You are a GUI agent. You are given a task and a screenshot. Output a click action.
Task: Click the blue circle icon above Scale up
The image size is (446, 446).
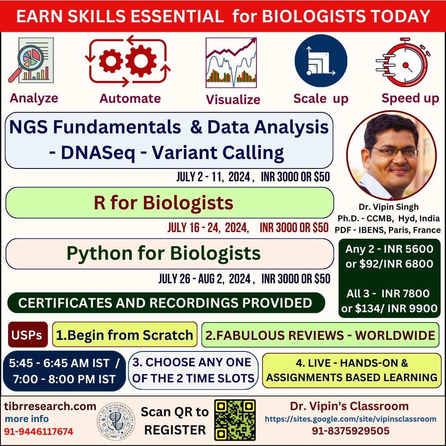coord(320,61)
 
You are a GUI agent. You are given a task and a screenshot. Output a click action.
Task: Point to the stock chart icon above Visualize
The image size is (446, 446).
coord(232,62)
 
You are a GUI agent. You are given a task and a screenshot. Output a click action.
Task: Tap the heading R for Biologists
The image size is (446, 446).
coord(164,203)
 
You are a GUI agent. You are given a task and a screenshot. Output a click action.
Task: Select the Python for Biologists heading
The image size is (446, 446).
coord(164,254)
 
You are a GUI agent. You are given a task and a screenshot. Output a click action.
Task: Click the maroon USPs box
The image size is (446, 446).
coord(28,334)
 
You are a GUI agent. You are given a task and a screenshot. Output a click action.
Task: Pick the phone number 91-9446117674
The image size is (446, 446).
coord(39,432)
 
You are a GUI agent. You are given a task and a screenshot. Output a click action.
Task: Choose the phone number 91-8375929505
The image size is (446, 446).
coord(350,431)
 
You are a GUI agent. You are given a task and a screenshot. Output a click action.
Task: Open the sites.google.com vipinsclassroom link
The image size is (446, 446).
coord(350,419)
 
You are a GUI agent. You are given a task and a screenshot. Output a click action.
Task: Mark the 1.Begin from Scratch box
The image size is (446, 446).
coord(125,335)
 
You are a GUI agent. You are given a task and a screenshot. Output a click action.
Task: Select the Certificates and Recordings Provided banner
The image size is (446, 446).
coord(165,303)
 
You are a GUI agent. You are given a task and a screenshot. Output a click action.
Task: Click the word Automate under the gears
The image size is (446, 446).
coord(130,98)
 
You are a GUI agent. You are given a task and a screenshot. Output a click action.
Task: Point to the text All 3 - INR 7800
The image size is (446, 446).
coord(389,294)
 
